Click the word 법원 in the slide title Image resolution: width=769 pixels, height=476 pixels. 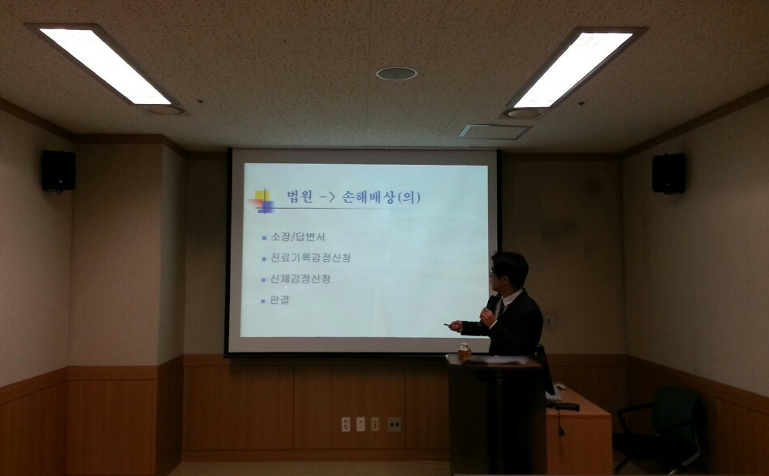(300, 197)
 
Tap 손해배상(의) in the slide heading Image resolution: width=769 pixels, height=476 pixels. (381, 197)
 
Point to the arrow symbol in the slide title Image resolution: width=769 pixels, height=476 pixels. (327, 198)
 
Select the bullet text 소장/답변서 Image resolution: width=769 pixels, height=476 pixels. (298, 237)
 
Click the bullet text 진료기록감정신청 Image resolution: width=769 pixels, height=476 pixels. (310, 257)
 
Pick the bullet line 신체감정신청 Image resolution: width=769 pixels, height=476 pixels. (300, 279)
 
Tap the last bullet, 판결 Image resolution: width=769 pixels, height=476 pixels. (279, 300)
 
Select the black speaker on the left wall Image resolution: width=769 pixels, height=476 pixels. (58, 171)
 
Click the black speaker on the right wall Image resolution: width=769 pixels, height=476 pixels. (668, 173)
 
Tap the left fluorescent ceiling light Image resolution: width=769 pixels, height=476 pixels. (105, 65)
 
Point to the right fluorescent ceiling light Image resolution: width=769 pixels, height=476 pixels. (573, 69)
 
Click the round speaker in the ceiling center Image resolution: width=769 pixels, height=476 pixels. (397, 74)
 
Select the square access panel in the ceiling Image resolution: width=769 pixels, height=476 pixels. (495, 132)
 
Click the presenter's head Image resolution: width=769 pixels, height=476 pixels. (508, 272)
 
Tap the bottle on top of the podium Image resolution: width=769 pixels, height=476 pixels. (464, 352)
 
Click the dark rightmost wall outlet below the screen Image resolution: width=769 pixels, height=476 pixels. (394, 425)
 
